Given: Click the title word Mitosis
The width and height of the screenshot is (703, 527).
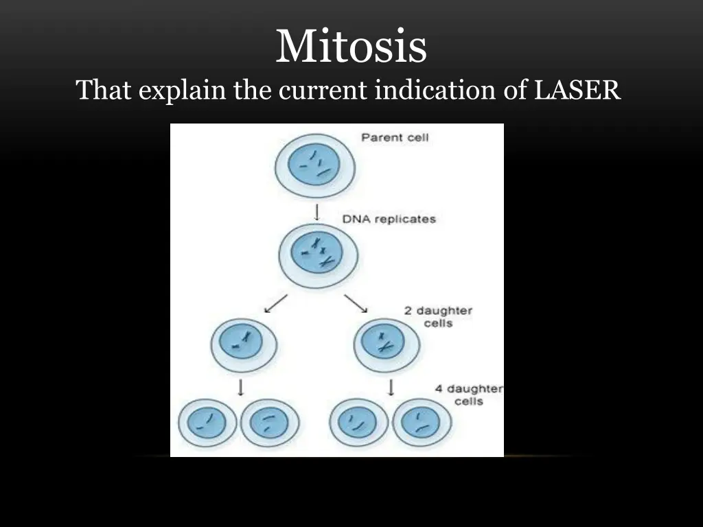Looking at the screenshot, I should click(x=351, y=47).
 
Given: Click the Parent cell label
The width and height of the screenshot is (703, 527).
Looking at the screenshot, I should click(x=395, y=137).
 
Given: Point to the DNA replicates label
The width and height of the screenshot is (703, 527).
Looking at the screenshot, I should click(x=389, y=220).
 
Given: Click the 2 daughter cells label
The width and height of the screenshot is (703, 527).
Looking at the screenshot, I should click(x=438, y=316).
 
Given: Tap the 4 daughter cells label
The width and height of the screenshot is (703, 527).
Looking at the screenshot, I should click(x=468, y=395).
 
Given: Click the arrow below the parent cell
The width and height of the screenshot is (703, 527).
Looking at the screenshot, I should click(x=316, y=211).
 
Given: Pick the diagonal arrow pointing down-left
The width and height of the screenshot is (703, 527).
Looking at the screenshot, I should click(x=276, y=303).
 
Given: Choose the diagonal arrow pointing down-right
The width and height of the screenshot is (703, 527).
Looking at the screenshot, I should click(x=356, y=303).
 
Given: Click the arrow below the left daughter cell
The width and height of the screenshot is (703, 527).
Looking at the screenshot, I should click(x=241, y=388).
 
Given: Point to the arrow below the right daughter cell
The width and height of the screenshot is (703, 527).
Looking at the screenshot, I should click(x=391, y=388).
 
